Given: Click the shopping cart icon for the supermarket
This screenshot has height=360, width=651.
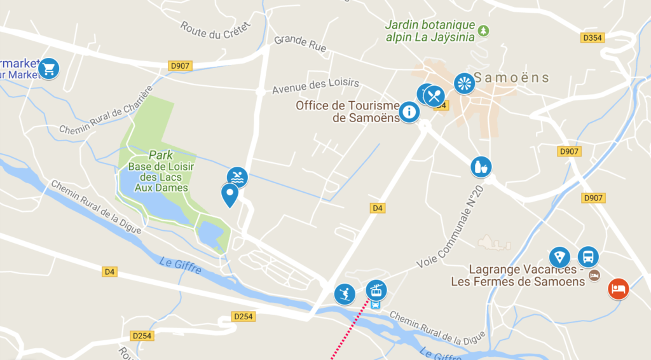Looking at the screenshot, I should (48, 68).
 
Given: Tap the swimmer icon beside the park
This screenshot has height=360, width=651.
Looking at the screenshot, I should (237, 177).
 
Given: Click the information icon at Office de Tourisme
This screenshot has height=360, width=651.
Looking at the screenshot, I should (409, 113).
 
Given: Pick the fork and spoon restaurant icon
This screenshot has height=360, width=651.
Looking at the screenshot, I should (434, 96).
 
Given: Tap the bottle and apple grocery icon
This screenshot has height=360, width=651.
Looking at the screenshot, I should (481, 167).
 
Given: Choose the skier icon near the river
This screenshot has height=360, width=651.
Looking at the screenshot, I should (345, 294).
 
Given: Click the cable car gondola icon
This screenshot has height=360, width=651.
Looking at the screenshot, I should (376, 290).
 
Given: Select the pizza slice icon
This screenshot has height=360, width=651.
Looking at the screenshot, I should (559, 258).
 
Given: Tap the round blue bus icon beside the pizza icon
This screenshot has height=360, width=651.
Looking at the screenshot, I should (588, 257).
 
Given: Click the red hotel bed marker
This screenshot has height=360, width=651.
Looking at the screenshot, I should (617, 289).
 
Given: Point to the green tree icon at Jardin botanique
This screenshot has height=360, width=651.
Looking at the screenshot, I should (484, 30).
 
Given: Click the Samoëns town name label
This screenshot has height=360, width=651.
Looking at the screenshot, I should (512, 78).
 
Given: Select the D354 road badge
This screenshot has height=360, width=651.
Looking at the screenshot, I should (593, 38).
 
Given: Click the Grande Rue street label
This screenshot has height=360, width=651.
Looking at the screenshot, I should (299, 43).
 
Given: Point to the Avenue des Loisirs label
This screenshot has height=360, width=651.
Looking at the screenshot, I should (315, 83).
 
